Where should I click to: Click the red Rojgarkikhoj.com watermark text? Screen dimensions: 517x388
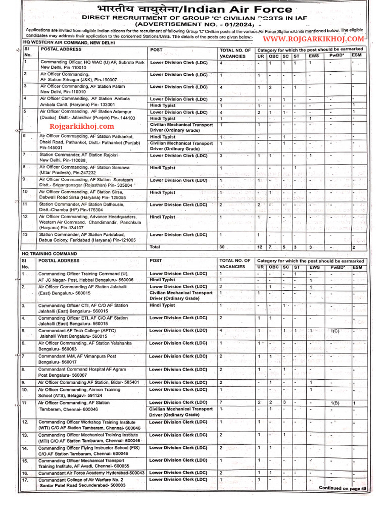click(82, 126)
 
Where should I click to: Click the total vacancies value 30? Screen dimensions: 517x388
click(222, 247)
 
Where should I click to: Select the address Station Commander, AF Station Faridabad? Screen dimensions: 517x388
click(88, 235)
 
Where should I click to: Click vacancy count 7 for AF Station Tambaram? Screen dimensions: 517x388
click(221, 402)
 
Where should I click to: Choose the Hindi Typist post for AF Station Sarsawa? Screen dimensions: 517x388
click(163, 167)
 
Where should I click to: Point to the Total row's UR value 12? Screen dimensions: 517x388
click(260, 247)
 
